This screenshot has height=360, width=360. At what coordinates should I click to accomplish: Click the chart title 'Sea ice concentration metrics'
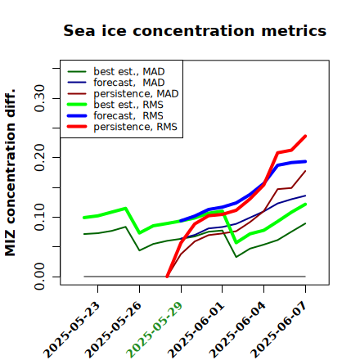(x=195, y=31)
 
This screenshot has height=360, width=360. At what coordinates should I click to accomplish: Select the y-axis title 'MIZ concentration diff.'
(x=10, y=173)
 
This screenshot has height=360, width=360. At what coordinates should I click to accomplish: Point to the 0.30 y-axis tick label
(x=39, y=98)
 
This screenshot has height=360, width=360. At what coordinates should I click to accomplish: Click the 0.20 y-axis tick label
(x=39, y=157)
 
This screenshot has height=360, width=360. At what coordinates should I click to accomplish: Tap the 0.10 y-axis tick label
(x=39, y=217)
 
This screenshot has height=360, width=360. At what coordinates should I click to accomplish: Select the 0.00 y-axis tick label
(x=39, y=277)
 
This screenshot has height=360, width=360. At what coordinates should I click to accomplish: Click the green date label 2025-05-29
(x=155, y=330)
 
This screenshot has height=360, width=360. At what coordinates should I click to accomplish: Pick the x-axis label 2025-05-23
(x=72, y=330)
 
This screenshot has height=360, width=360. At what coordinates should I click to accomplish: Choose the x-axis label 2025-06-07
(x=279, y=330)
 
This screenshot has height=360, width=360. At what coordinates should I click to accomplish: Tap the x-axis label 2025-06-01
(x=196, y=330)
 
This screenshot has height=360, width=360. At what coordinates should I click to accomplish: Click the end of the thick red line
(x=305, y=136)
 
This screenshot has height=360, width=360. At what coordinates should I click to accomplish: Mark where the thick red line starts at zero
(x=167, y=277)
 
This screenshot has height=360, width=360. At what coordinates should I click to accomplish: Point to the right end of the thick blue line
(x=305, y=161)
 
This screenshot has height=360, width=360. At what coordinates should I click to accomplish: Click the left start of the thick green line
(x=84, y=218)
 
